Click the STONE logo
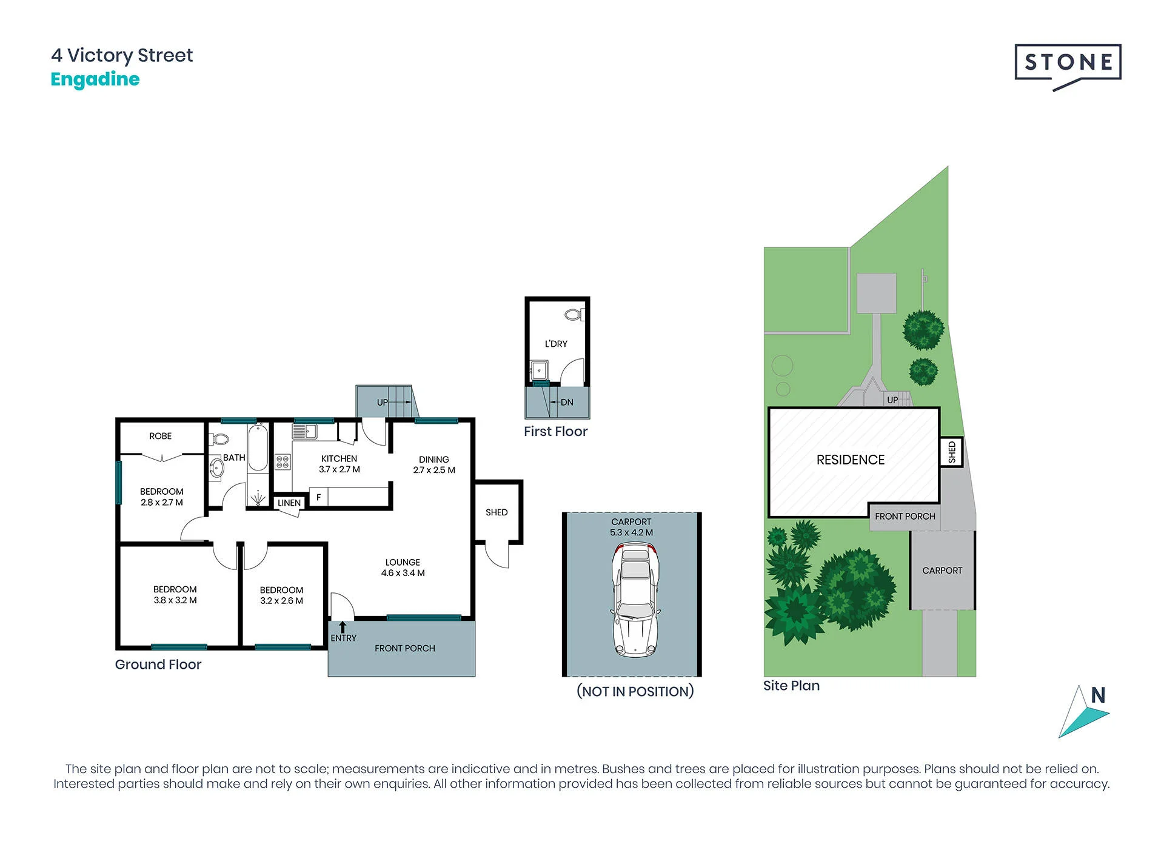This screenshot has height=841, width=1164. click(x=1068, y=66)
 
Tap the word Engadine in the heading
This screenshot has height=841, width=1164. click(x=95, y=79)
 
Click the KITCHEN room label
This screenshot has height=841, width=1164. click(x=339, y=459)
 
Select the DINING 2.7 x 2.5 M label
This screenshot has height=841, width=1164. click(x=434, y=465)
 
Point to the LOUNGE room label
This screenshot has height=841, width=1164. click(x=403, y=562)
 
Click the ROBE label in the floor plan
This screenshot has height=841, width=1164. click(x=161, y=436)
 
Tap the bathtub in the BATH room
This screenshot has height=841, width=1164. click(x=258, y=449)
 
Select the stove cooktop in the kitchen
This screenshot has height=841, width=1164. click(x=283, y=462)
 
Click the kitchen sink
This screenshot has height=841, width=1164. click(x=305, y=431)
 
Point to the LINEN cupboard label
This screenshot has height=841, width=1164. click(x=289, y=503)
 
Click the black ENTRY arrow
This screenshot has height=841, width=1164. click(x=343, y=627)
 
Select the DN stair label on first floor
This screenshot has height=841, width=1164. click(x=567, y=402)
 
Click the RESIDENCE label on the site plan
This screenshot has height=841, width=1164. click(x=851, y=460)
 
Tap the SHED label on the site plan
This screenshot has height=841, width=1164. click(x=952, y=452)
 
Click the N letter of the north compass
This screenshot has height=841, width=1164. click(x=1098, y=695)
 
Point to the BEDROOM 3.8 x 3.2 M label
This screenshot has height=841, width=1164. click(x=175, y=595)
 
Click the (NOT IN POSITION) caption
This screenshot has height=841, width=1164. click(x=635, y=691)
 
